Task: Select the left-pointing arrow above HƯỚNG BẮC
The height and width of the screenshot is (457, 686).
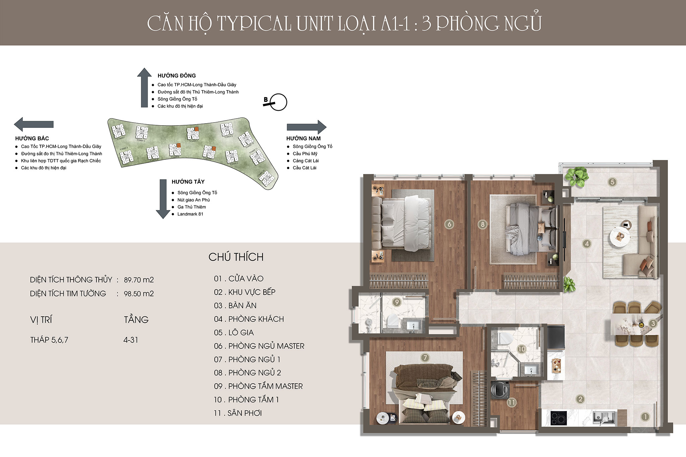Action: coord(33,124)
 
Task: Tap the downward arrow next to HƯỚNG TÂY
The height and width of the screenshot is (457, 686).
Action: coord(163,199)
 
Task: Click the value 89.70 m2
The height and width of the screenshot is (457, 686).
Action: coord(139,280)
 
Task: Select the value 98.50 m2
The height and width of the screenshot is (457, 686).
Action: coord(139,294)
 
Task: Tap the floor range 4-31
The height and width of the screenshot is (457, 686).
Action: coord(131,340)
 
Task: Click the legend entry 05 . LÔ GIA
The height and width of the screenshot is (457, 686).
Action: coord(234,332)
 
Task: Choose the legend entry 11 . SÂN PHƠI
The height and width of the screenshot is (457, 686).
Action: coord(238,413)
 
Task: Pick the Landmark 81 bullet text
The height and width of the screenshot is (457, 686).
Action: coord(190,214)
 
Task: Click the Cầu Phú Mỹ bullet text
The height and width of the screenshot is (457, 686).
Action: coord(305,154)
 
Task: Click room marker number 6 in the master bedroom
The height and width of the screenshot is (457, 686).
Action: coord(449,224)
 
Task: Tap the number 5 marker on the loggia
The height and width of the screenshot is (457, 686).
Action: coord(612,182)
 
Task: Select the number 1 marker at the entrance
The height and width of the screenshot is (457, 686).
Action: coord(645,417)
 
